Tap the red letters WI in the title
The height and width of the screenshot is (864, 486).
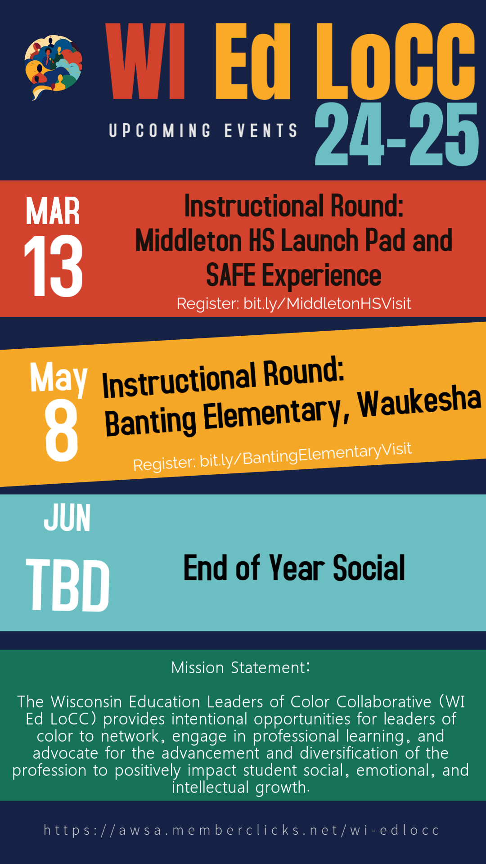[145, 61]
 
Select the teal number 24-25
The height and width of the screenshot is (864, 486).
[396, 134]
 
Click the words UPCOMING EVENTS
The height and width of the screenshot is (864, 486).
[203, 130]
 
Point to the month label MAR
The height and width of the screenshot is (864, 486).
[53, 211]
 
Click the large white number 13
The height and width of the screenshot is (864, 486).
[54, 266]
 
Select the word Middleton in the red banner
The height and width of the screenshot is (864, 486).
[189, 240]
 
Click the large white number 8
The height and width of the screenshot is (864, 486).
[61, 430]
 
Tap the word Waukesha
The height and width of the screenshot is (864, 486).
[419, 401]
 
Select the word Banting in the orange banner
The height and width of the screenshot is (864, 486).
[150, 422]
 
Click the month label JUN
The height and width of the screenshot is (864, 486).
[67, 518]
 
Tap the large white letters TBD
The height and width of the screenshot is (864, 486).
[68, 585]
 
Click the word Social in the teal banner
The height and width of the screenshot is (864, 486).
[369, 568]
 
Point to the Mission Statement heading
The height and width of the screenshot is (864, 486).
[241, 668]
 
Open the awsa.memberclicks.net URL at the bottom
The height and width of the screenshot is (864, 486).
[242, 830]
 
